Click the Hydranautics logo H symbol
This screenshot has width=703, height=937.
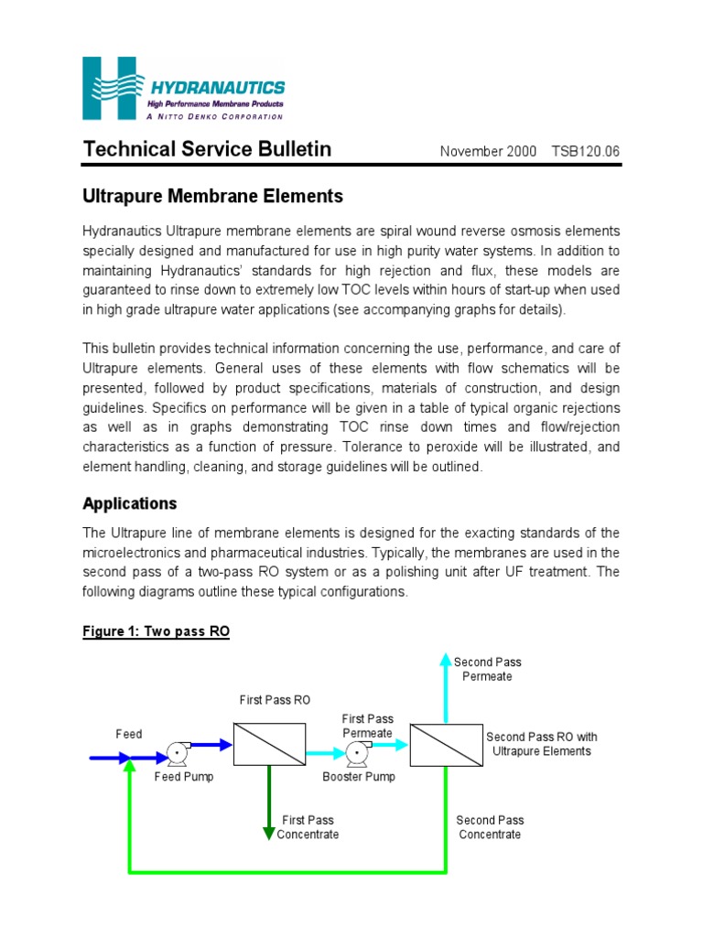point(110,87)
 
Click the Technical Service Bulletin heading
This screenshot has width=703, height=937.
point(207,149)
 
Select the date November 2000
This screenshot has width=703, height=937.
point(482,151)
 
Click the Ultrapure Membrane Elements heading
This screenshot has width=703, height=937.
point(212,196)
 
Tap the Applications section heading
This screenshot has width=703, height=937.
point(129,503)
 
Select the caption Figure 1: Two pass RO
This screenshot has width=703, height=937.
point(156,631)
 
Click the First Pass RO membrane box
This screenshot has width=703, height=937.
point(269,744)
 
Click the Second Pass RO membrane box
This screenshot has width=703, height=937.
point(446,744)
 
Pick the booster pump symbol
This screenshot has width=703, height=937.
point(354,755)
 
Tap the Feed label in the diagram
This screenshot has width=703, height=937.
point(129,734)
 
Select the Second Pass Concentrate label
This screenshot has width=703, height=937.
point(490,827)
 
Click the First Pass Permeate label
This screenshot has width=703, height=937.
point(367,727)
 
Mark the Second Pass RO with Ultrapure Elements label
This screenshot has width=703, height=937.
point(542,744)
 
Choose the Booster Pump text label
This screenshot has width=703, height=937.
point(359,777)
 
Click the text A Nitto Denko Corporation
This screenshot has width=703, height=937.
point(215,116)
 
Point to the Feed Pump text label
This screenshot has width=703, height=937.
point(183,777)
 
